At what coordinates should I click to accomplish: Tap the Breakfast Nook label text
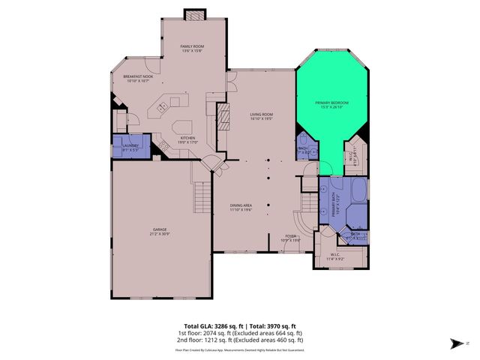point(137,76)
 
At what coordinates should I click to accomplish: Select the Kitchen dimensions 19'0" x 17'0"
point(187,143)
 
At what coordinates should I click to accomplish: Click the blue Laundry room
point(130,146)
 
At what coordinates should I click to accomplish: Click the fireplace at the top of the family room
point(194,15)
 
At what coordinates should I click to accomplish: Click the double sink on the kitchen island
point(159,111)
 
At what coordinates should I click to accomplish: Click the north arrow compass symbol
point(454,343)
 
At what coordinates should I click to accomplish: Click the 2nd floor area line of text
point(239,341)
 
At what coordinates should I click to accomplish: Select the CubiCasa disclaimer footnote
point(239,349)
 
